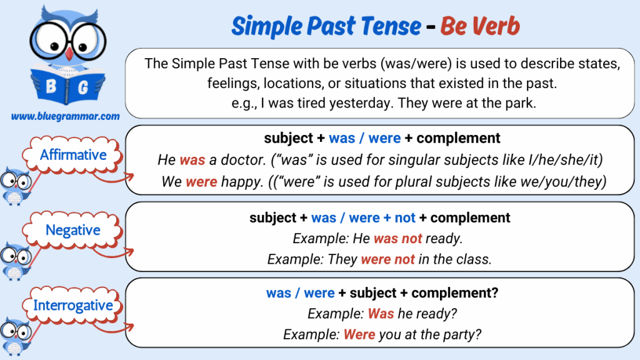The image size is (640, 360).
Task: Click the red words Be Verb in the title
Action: [x=480, y=26]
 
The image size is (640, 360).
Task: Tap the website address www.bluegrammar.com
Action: [x=65, y=116]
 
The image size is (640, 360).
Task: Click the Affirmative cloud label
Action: [x=73, y=155]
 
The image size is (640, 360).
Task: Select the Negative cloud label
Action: [x=73, y=230]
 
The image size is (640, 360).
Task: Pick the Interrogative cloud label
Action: [x=73, y=305]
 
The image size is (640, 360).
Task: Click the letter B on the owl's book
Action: [x=51, y=86]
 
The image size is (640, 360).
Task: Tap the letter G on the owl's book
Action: [x=82, y=87]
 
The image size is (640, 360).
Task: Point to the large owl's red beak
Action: [x=69, y=54]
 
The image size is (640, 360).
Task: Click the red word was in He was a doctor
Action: [x=192, y=159]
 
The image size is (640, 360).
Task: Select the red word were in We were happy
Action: [x=201, y=182]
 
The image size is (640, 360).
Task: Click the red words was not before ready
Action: [x=398, y=238]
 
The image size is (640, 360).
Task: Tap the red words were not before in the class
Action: [x=387, y=259]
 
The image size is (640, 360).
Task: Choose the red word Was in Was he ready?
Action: [x=381, y=314]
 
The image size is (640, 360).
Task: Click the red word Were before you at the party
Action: [x=359, y=334]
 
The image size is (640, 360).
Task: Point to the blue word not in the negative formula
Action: [x=405, y=218]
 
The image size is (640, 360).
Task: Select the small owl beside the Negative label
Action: [x=16, y=261]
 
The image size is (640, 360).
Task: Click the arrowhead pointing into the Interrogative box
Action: [x=130, y=326]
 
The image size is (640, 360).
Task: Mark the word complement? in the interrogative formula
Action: [x=455, y=293]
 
